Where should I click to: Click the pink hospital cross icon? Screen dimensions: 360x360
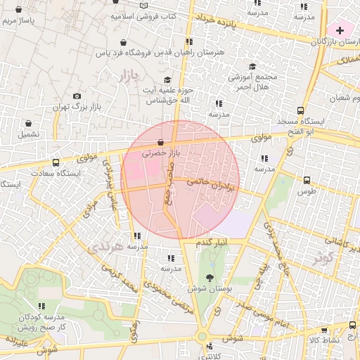click(x=340, y=30)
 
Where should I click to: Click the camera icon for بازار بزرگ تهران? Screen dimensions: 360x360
click(x=77, y=96)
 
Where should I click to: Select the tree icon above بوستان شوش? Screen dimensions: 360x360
click(x=209, y=277)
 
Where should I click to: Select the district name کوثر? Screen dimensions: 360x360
click(x=323, y=256)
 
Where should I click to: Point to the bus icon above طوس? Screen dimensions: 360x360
click(x=306, y=180)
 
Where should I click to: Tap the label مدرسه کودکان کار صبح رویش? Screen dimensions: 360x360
click(x=41, y=322)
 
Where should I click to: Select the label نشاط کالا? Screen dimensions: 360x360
click(x=324, y=340)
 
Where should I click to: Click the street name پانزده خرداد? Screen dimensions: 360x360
click(x=225, y=23)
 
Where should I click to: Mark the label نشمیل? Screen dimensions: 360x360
click(x=29, y=134)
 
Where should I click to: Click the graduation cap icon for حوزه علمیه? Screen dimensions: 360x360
click(x=167, y=80)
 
